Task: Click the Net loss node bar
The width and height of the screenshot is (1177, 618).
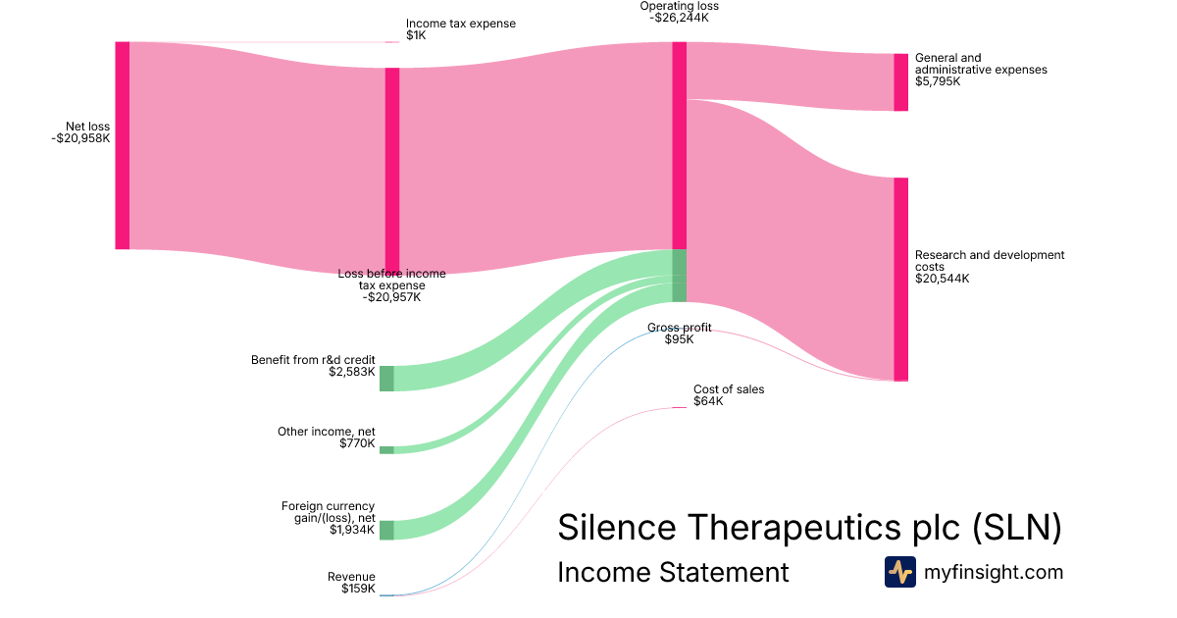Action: [x=123, y=145]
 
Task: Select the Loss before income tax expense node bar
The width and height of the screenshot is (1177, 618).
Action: [x=392, y=170]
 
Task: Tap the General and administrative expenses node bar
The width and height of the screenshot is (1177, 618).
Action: [x=900, y=82]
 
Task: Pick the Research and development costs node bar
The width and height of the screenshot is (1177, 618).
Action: [x=900, y=279]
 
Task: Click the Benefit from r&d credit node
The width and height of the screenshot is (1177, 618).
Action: [x=386, y=378]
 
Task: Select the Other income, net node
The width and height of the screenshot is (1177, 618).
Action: [x=386, y=450]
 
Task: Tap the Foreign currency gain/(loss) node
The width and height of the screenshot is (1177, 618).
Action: [x=386, y=530]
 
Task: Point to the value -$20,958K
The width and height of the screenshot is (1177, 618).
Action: [x=81, y=138]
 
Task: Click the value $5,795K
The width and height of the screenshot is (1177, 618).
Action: [x=938, y=81]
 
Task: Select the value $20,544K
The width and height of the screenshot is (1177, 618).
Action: [x=942, y=279]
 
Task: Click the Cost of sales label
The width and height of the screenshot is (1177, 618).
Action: [x=729, y=389]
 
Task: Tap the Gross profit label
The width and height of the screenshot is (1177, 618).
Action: [x=680, y=328]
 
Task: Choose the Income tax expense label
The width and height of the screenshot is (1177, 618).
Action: [x=460, y=24]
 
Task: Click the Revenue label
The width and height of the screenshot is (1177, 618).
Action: [x=351, y=577]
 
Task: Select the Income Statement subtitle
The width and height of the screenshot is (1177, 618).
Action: [x=673, y=572]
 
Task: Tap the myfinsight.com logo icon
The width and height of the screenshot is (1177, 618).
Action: [x=899, y=572]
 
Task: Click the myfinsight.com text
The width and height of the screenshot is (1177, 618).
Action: [x=994, y=572]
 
